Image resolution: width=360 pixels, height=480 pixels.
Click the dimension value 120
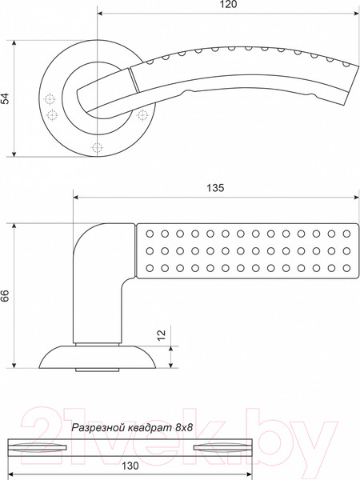[229, 4]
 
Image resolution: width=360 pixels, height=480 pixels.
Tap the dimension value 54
[6, 98]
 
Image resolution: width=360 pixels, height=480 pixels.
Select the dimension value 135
[215, 188]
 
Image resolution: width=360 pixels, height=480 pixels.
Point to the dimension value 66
[6, 296]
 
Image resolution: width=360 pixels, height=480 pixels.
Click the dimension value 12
[162, 334]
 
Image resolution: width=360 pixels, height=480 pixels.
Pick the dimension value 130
[130, 466]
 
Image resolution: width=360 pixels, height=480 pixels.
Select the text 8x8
[184, 427]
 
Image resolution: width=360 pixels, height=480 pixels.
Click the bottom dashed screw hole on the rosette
[97, 148]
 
